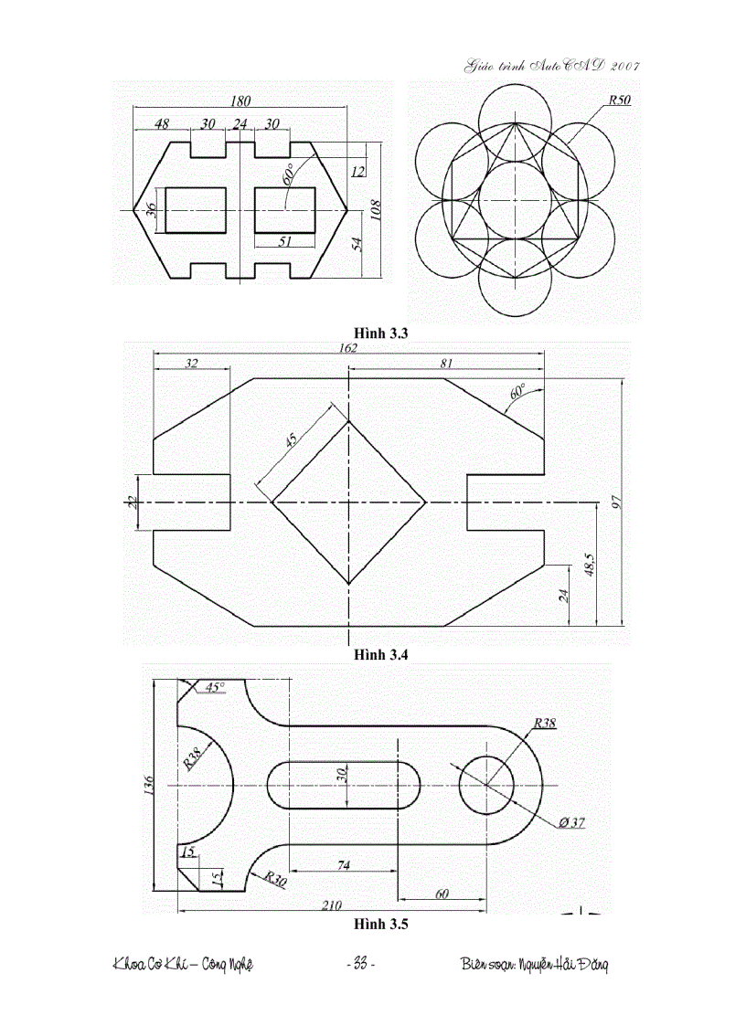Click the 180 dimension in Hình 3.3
click(240, 100)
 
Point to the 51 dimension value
click(283, 241)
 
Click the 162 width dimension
click(348, 348)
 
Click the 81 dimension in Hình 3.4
click(446, 363)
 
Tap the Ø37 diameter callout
click(572, 823)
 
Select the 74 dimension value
click(344, 864)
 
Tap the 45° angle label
click(214, 687)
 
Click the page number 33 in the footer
click(359, 965)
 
